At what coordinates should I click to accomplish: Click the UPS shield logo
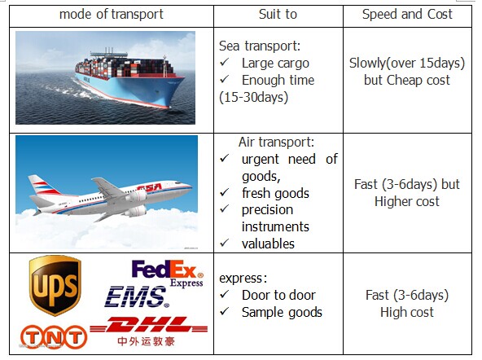pos(55,285)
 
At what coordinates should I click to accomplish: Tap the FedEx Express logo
pos(168,273)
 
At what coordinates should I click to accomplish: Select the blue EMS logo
pos(137,296)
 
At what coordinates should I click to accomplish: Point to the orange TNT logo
pos(54,337)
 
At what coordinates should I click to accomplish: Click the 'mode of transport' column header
pos(112,14)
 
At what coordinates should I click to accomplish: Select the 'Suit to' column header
pos(278,14)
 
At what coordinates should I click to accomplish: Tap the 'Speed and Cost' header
pos(407,14)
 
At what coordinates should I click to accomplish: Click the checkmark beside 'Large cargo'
pos(225,63)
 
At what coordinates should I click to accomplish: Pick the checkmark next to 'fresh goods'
pos(225,192)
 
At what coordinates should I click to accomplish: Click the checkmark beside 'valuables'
pos(225,243)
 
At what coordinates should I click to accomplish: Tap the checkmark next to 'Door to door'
pos(225,294)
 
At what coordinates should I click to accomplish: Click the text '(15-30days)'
pos(253,98)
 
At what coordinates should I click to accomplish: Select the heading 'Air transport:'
pos(276,142)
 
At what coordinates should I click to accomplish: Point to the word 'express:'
pos(243,279)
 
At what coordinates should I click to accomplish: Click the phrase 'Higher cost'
pos(407,202)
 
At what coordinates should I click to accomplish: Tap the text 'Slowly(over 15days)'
pos(407,63)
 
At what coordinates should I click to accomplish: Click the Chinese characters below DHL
pos(146,341)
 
